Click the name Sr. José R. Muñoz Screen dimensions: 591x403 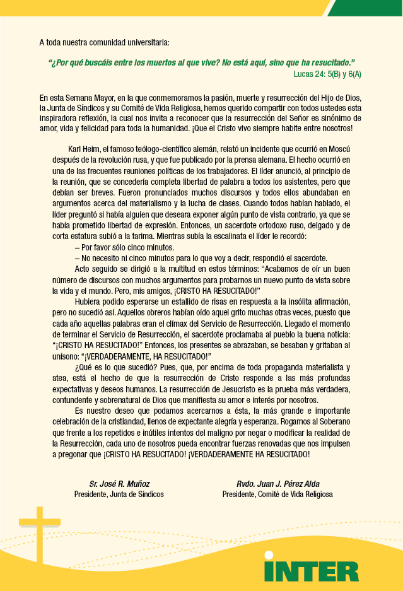click(x=119, y=484)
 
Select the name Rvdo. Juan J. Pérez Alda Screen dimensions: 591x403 click(x=277, y=484)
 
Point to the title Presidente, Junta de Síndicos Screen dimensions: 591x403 click(x=119, y=494)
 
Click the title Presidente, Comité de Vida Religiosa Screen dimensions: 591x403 click(x=277, y=494)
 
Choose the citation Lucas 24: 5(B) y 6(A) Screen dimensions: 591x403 click(x=327, y=74)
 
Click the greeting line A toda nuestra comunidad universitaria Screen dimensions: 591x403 click(x=104, y=43)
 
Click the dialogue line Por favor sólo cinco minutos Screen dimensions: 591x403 click(x=124, y=247)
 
